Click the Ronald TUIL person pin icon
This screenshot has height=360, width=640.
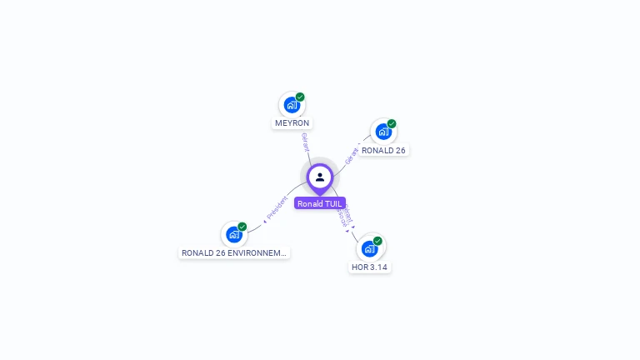320,177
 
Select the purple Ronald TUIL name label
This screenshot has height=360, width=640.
320,203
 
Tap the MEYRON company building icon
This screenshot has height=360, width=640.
291,105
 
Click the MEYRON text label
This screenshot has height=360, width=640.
292,123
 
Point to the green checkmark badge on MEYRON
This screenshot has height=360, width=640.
300,97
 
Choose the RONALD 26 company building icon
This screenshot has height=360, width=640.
382,132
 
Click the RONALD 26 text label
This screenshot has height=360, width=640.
383,151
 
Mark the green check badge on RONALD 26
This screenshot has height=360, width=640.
392,123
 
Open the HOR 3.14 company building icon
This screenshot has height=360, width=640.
369,248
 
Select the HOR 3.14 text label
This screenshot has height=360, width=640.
369,267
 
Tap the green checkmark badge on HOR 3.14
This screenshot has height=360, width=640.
377,241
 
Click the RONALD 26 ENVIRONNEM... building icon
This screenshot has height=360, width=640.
234,234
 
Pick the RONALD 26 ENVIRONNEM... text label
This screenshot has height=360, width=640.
234,252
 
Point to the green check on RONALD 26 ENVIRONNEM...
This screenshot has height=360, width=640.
242,227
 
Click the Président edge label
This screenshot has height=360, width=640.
278,208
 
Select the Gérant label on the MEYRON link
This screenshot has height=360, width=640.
305,142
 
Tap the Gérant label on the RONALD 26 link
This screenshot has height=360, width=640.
352,154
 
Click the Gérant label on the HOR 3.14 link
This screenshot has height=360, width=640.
348,213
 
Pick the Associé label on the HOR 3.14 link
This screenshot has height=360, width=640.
341,217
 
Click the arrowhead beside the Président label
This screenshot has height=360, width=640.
265,222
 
